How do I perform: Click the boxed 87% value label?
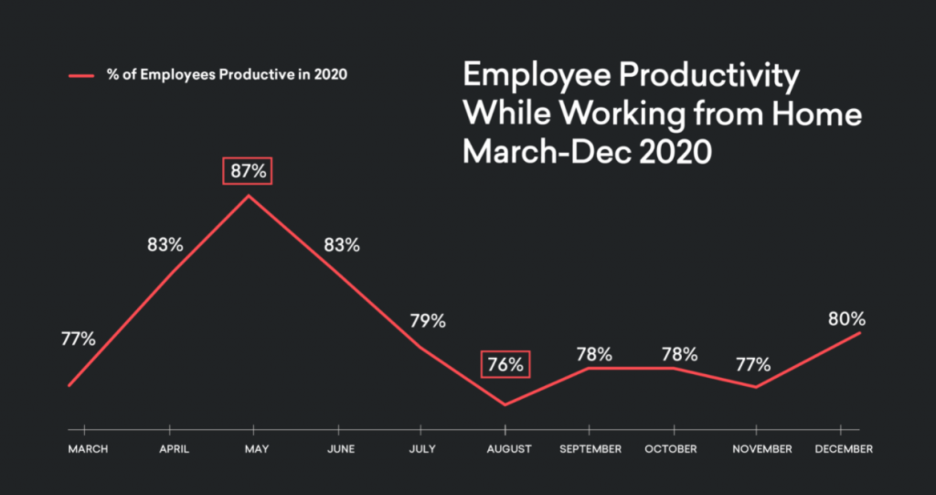249,171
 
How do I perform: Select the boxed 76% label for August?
505,364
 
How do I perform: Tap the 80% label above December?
847,319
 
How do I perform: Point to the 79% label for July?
427,321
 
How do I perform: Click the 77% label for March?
78,339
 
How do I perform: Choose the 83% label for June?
341,245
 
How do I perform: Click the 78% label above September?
594,354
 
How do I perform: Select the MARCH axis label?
88,449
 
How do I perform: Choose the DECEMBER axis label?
842,449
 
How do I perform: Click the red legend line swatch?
80,76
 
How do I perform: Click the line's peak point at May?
249,195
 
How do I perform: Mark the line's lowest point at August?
505,404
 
